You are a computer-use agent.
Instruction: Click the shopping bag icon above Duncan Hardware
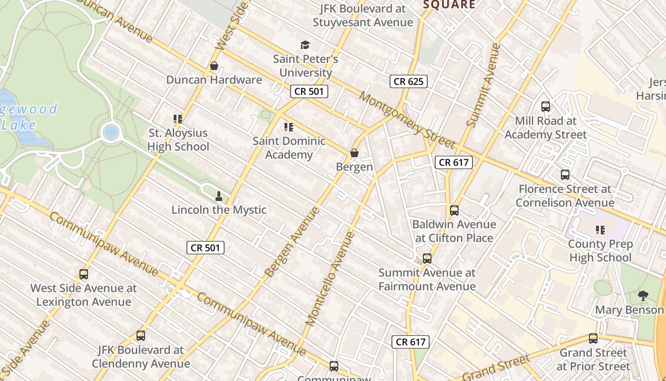tap(214, 66)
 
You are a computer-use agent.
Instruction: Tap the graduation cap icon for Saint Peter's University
tap(305, 45)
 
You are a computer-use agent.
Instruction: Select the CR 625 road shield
tap(409, 81)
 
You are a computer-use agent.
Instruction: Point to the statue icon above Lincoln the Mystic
tap(219, 196)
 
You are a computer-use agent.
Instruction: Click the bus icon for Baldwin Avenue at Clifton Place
tap(454, 210)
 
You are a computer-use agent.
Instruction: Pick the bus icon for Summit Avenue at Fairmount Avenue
tap(427, 259)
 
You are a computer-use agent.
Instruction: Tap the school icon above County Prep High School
tap(600, 230)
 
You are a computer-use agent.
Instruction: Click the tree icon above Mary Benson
tap(643, 296)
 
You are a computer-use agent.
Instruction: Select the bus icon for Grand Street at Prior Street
tap(593, 339)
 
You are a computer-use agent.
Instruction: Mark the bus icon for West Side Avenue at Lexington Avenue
tap(84, 274)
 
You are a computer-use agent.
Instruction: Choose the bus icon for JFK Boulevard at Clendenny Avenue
tap(141, 336)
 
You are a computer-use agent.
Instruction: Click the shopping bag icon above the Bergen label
tap(354, 153)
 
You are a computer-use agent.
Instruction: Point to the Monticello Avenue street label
tap(330, 279)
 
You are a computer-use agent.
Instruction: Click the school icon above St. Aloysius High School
tap(178, 119)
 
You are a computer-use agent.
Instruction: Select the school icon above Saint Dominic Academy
tap(288, 127)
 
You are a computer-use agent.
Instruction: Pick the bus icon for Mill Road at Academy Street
tap(546, 107)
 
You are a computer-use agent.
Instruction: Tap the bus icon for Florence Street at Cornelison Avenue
tap(565, 175)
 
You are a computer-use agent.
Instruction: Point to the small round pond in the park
tap(111, 131)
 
